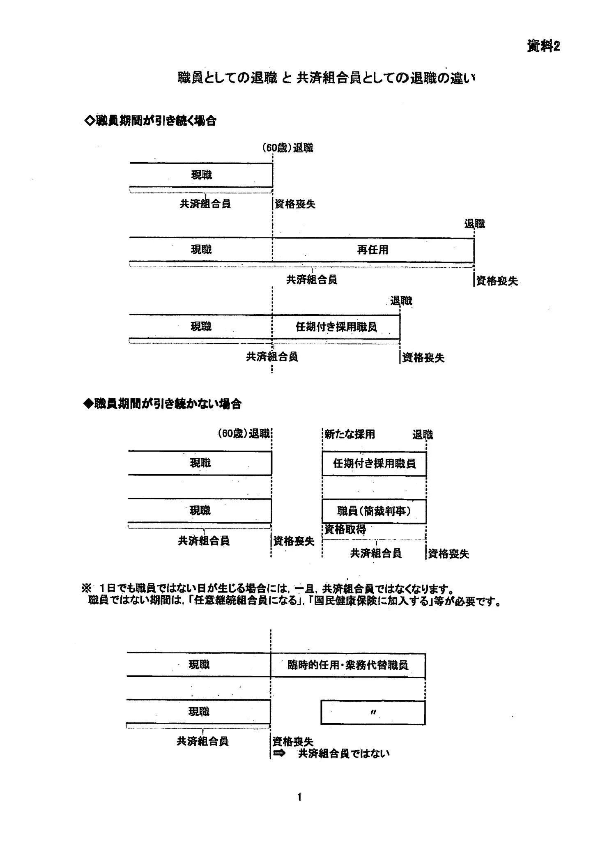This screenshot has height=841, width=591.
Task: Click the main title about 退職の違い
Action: pos(327,78)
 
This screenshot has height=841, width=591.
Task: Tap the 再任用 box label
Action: pos(373,250)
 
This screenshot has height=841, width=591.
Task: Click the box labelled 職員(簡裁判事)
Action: pos(374,511)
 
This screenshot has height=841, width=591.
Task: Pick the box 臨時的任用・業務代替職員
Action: pos(347,665)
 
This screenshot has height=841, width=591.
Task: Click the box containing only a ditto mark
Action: pos(373,712)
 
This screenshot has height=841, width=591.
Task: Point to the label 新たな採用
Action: pos(350,434)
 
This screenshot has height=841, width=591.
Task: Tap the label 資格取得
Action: pos(345,529)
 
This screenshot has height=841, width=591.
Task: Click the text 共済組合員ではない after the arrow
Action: pos(344,754)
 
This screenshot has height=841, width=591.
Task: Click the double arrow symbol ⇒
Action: pos(279,754)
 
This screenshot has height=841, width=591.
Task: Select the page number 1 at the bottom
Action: pos(299,797)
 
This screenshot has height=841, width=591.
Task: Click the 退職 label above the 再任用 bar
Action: pos(474,224)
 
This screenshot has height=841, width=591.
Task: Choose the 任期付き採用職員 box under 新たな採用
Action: pos(374,464)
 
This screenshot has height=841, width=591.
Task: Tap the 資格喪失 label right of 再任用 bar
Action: pos(497,281)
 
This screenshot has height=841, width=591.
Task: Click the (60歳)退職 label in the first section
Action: pos(287,148)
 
